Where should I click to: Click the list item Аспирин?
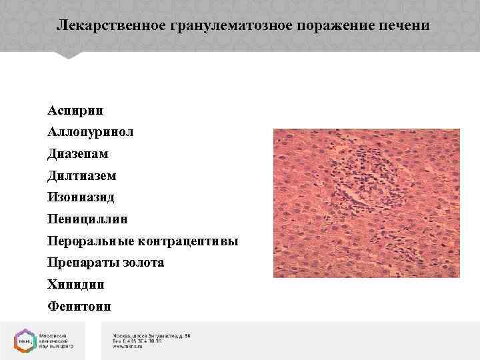pyautogui.click(x=75, y=109)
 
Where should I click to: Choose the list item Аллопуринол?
pyautogui.click(x=90, y=131)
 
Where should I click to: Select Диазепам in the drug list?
pyautogui.click(x=77, y=153)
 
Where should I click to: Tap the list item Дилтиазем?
pyautogui.click(x=81, y=175)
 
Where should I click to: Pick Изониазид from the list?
pyautogui.click(x=81, y=197)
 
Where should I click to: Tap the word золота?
pyautogui.click(x=143, y=263)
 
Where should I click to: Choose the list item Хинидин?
pyautogui.click(x=75, y=285)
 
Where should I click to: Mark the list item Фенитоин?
pyautogui.click(x=79, y=307)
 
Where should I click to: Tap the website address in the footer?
pyautogui.click(x=131, y=347)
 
